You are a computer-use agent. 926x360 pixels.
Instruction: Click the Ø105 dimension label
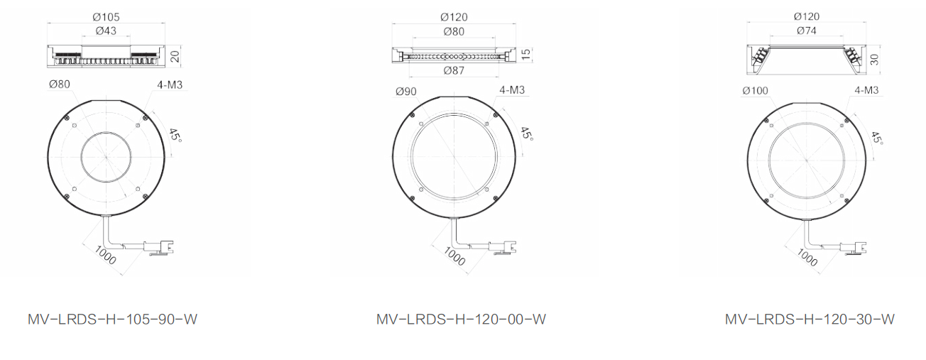click(107, 17)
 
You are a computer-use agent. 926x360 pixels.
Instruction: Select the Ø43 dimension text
click(107, 31)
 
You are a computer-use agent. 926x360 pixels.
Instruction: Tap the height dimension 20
click(175, 56)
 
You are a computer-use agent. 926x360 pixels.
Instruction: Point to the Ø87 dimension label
click(454, 71)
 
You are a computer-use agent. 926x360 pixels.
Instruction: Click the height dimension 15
click(525, 54)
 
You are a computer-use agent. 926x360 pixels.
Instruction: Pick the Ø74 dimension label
click(807, 31)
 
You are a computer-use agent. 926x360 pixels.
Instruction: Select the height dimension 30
click(874, 60)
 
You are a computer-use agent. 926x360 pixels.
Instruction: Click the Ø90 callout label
click(406, 92)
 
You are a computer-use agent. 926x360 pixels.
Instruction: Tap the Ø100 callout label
click(756, 90)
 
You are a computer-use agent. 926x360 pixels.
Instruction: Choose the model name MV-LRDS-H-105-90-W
click(112, 320)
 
